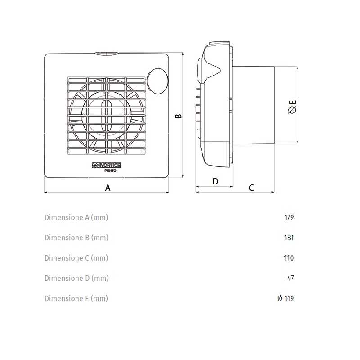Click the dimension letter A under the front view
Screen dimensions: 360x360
(x=108, y=188)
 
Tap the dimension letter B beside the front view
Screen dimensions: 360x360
(x=178, y=116)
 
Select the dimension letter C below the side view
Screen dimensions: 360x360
(x=252, y=188)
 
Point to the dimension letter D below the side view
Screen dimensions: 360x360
(x=216, y=181)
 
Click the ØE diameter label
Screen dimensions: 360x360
(x=292, y=107)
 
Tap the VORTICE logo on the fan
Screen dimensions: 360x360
(x=107, y=165)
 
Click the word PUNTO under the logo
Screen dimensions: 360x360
(x=110, y=171)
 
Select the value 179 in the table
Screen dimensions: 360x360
(x=289, y=217)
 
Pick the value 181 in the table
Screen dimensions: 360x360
(x=289, y=238)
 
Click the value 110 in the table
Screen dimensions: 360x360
(x=289, y=258)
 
